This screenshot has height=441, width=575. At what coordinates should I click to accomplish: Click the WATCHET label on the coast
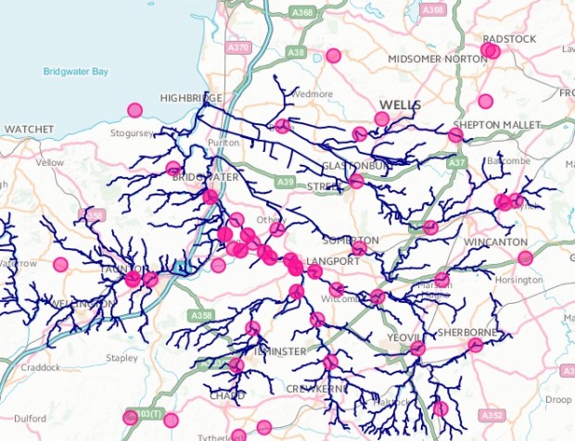click(x=32, y=129)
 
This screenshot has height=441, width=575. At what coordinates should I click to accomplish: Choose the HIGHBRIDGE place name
click(x=190, y=97)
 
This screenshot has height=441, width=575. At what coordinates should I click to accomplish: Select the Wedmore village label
click(x=304, y=94)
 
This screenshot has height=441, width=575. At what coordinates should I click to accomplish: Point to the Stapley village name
click(x=121, y=356)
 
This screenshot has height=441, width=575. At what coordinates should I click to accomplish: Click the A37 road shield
click(x=455, y=162)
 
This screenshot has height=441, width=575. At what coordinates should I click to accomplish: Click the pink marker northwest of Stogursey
click(x=135, y=110)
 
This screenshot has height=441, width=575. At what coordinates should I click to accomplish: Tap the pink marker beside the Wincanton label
click(x=525, y=258)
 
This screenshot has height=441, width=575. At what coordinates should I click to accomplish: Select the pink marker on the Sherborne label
click(x=476, y=345)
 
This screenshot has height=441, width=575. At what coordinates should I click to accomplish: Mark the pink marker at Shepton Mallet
click(x=455, y=135)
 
